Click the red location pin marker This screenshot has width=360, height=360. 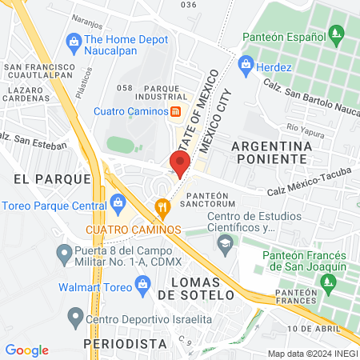pyautogui.click(x=180, y=163)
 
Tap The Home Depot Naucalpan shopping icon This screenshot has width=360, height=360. pyautogui.click(x=74, y=40)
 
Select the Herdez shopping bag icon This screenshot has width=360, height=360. pyautogui.click(x=246, y=62)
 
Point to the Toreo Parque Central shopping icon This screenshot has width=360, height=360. pyautogui.click(x=118, y=201)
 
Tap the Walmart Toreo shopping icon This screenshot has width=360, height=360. pyautogui.click(x=143, y=283)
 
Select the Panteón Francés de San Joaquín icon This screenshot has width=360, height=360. pyautogui.click(x=326, y=282)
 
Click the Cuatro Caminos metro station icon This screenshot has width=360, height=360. pyautogui.click(x=174, y=111)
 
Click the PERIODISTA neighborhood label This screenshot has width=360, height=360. pyautogui.click(x=125, y=342)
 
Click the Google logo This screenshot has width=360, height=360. pyautogui.click(x=26, y=350)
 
